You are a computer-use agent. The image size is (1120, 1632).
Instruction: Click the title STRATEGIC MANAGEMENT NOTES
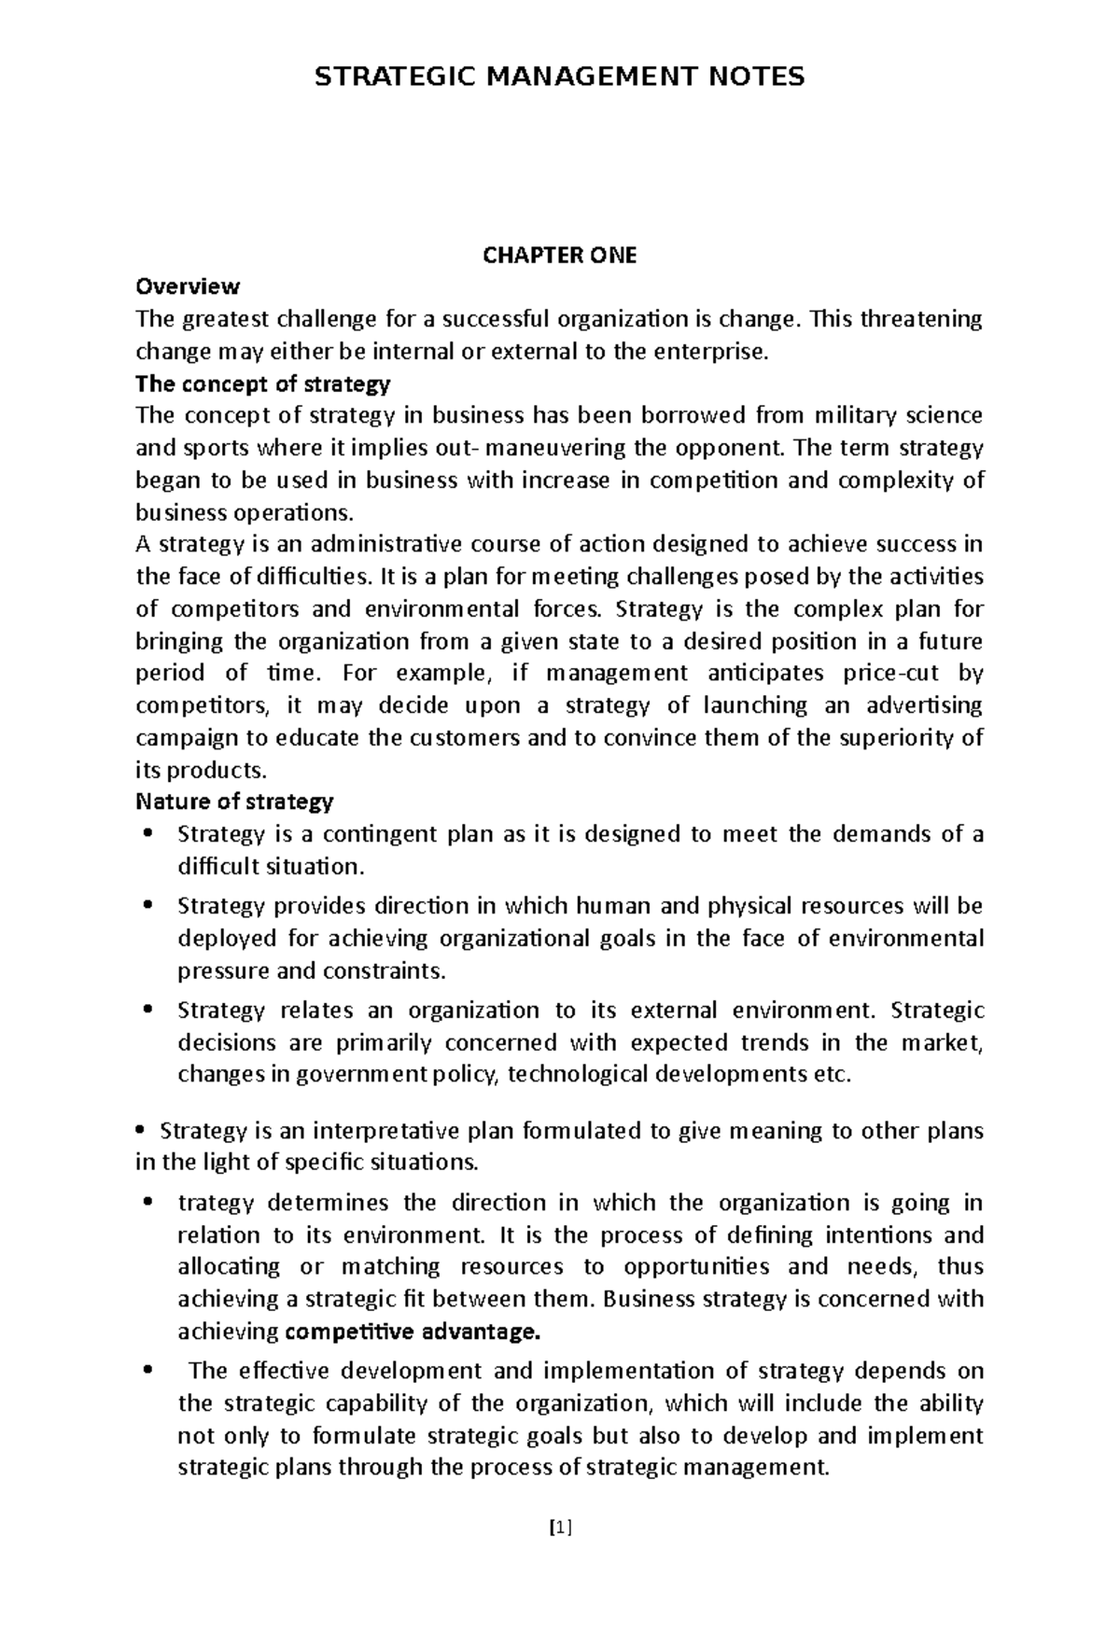(559, 76)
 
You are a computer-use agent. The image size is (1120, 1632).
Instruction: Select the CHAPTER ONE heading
(559, 256)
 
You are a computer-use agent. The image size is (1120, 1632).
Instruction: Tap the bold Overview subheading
(188, 286)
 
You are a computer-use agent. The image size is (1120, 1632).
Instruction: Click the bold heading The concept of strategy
(263, 384)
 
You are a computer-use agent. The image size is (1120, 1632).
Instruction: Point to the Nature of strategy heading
(234, 802)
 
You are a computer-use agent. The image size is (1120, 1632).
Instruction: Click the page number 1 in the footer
(559, 1527)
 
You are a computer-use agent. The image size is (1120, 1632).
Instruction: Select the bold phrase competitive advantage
(414, 1332)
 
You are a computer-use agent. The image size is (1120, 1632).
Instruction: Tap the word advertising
(926, 705)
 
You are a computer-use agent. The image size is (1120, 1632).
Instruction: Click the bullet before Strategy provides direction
(147, 905)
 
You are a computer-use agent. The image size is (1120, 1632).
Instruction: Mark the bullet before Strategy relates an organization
(147, 1010)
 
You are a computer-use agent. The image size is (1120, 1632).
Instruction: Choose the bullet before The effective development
(147, 1371)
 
